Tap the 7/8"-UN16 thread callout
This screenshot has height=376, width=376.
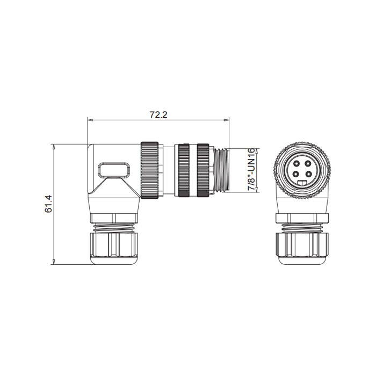[x=251, y=170]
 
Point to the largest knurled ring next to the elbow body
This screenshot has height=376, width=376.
[x=150, y=170]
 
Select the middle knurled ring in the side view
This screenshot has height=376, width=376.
[x=184, y=170]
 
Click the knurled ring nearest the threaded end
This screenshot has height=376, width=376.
[x=203, y=170]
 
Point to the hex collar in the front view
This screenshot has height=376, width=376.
[x=302, y=218]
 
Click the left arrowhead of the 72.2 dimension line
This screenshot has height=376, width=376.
[x=89, y=119]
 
